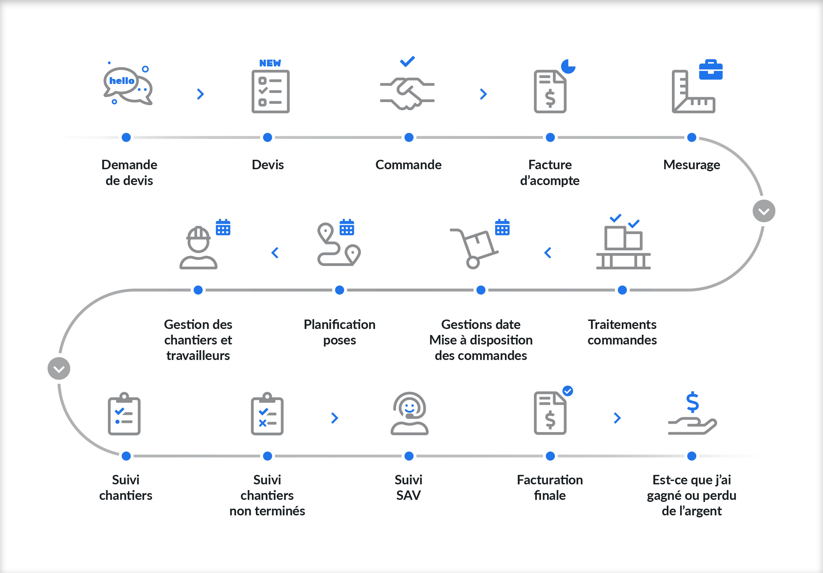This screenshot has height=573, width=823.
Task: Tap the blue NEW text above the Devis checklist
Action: pyautogui.click(x=270, y=63)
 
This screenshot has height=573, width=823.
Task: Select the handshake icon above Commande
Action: pyautogui.click(x=407, y=93)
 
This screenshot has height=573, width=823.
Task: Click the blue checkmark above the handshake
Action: pyautogui.click(x=407, y=62)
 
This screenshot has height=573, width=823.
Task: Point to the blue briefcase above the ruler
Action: pyautogui.click(x=710, y=70)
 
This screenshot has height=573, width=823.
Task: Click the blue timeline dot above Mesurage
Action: pyautogui.click(x=691, y=138)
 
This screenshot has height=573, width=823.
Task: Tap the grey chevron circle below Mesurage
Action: pyautogui.click(x=764, y=211)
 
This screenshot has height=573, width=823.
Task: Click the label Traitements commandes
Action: pyautogui.click(x=622, y=332)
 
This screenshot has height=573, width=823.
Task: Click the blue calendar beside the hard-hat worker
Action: pyautogui.click(x=223, y=228)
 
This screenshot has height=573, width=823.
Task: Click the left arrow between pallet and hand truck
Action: pyautogui.click(x=547, y=253)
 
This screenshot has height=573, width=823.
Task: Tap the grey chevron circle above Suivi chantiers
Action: pyautogui.click(x=59, y=368)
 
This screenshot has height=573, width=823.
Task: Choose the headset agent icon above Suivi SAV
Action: pyautogui.click(x=409, y=413)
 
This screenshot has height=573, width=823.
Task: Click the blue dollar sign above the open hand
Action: pyautogui.click(x=692, y=402)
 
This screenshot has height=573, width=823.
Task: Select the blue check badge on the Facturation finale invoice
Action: pyautogui.click(x=567, y=391)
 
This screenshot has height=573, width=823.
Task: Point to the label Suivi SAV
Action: pyautogui.click(x=408, y=487)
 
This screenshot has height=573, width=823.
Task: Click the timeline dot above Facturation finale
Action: pyautogui.click(x=550, y=456)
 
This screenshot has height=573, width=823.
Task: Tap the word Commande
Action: pyautogui.click(x=408, y=165)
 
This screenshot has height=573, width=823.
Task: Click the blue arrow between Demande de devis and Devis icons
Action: pyautogui.click(x=200, y=94)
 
